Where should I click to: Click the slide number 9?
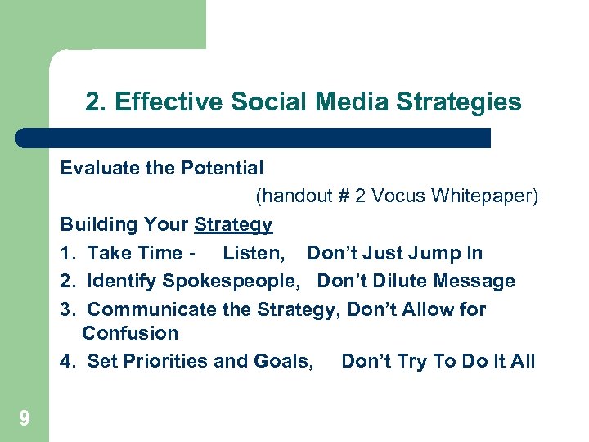(25, 419)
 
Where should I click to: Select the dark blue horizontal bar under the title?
(254, 138)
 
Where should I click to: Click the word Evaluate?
(94, 169)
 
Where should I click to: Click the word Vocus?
(398, 197)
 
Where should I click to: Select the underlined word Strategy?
(233, 225)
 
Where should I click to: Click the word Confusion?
(130, 333)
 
